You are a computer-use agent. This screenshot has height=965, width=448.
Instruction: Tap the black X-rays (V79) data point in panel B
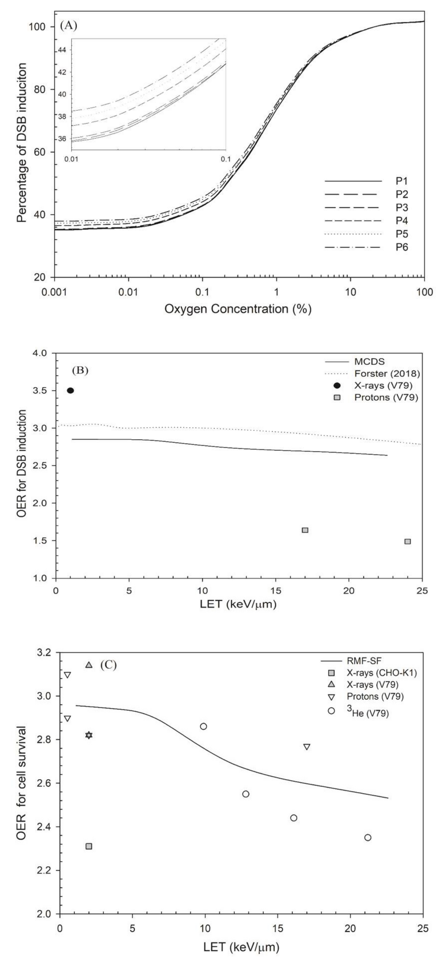(x=70, y=391)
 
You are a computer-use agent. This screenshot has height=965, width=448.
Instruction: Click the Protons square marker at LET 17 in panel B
(x=305, y=530)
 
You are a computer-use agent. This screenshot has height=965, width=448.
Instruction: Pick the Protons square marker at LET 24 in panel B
(x=407, y=541)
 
